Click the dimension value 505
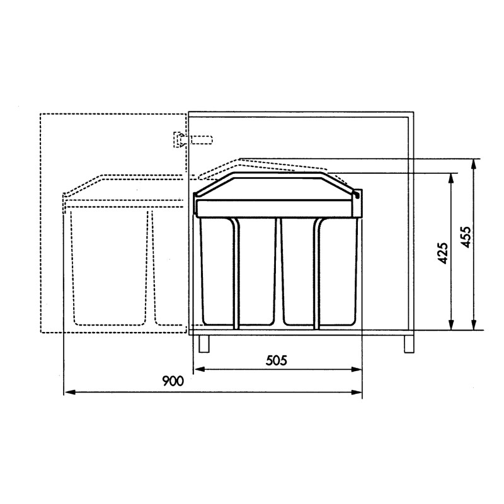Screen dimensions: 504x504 click(x=277, y=360)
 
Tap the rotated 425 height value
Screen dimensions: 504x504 click(x=443, y=253)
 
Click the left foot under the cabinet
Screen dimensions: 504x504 click(x=203, y=343)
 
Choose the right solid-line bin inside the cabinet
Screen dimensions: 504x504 click(x=320, y=271)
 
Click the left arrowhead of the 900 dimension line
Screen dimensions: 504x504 click(x=68, y=392)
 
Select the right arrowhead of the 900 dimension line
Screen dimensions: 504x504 click(x=358, y=392)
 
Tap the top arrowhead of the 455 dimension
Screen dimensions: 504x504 click(x=473, y=163)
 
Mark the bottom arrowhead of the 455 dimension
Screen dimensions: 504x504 click(x=473, y=325)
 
